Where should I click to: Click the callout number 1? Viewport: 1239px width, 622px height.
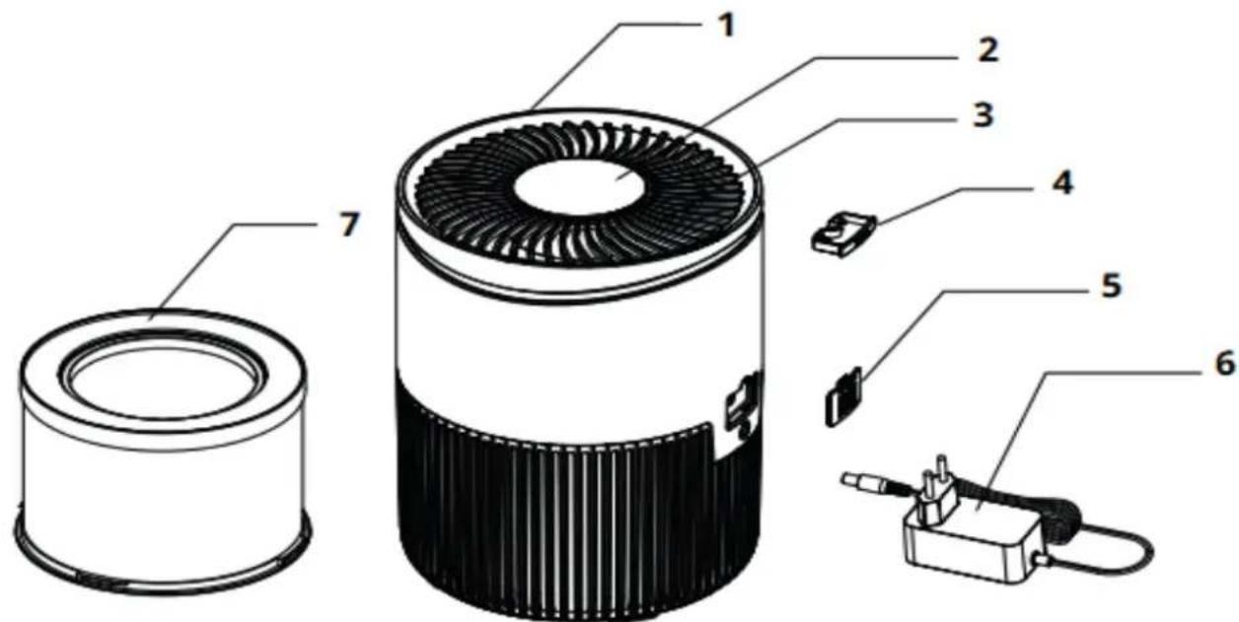pyautogui.click(x=725, y=26)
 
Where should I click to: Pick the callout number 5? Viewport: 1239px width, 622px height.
pyautogui.click(x=1110, y=285)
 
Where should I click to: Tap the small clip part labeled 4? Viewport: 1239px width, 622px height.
pyautogui.click(x=838, y=236)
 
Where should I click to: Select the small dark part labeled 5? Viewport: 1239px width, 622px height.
pyautogui.click(x=843, y=394)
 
